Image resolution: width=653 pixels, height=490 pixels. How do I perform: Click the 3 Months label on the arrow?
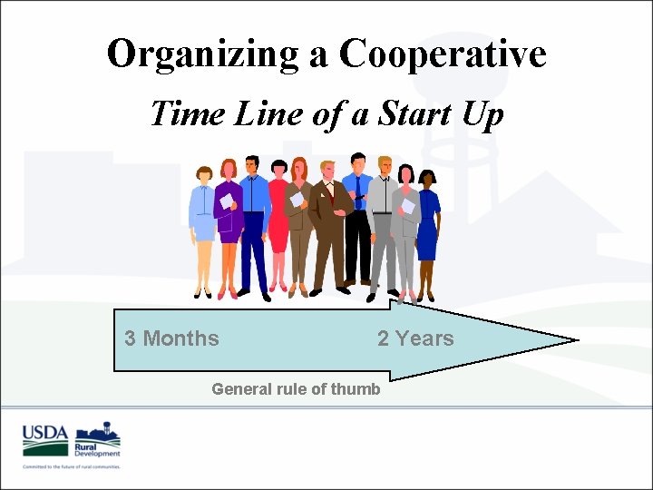tap(171, 338)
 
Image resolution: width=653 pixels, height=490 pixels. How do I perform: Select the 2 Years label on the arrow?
tap(415, 338)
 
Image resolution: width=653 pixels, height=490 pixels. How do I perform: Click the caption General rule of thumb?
tap(296, 389)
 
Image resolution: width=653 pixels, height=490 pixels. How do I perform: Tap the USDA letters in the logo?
tap(45, 433)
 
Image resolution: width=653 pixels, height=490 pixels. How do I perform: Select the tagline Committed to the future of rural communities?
tap(72, 466)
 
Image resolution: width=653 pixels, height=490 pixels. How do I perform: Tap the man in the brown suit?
tap(329, 222)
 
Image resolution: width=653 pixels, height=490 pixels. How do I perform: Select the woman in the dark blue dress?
tap(426, 227)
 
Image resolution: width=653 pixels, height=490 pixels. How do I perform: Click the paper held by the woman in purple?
tap(226, 201)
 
